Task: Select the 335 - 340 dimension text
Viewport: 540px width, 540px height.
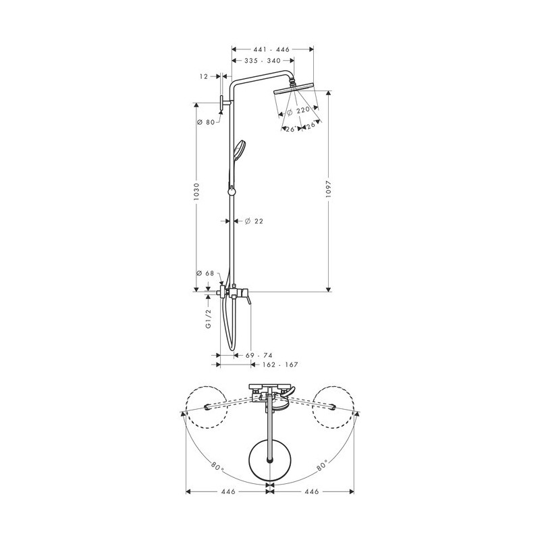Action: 263,61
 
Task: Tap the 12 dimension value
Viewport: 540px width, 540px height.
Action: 204,76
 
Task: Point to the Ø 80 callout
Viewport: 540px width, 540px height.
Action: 206,122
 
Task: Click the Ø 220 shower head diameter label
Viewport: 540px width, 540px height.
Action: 298,111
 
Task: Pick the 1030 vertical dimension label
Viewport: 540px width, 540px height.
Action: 196,192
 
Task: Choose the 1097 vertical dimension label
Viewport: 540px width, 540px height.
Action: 328,189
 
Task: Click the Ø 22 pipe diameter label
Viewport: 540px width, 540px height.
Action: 254,221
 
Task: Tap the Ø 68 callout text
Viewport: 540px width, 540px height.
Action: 205,273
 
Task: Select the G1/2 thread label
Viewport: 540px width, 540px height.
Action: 209,319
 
